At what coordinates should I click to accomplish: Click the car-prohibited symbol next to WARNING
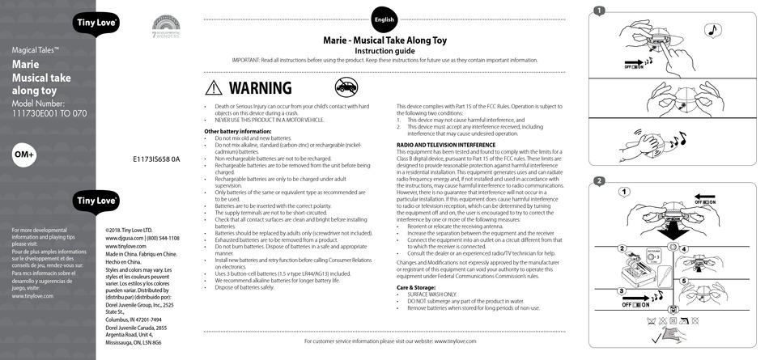[x=347, y=87]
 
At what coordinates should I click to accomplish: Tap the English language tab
[x=384, y=20]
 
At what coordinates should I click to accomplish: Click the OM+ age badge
[x=25, y=155]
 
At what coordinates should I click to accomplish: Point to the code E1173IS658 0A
[x=156, y=159]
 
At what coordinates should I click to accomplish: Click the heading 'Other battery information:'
[x=237, y=131]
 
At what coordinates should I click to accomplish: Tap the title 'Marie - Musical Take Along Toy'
[x=384, y=38]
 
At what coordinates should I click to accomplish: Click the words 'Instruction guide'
[x=384, y=49]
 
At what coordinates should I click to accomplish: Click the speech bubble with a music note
[x=712, y=31]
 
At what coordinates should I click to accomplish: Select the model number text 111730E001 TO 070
[x=49, y=115]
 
